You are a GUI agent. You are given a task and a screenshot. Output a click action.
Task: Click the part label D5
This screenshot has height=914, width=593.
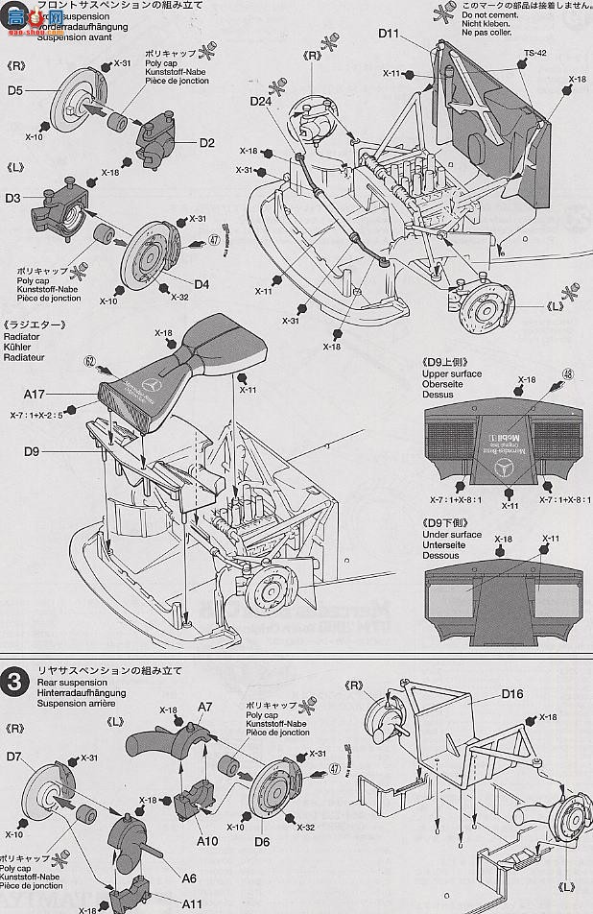pyautogui.click(x=15, y=91)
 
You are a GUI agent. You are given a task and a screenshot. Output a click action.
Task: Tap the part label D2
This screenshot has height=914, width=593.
pyautogui.click(x=206, y=143)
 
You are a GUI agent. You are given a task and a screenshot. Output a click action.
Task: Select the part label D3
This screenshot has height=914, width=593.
pyautogui.click(x=12, y=198)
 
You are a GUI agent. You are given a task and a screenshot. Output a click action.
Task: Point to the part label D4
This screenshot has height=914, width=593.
pyautogui.click(x=202, y=283)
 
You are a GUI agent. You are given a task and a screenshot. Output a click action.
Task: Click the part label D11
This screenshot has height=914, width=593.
pyautogui.click(x=388, y=34)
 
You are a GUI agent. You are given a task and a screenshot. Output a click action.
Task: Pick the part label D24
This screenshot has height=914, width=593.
pyautogui.click(x=262, y=102)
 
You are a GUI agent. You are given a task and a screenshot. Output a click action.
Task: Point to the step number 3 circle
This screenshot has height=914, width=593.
pyautogui.click(x=12, y=677)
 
